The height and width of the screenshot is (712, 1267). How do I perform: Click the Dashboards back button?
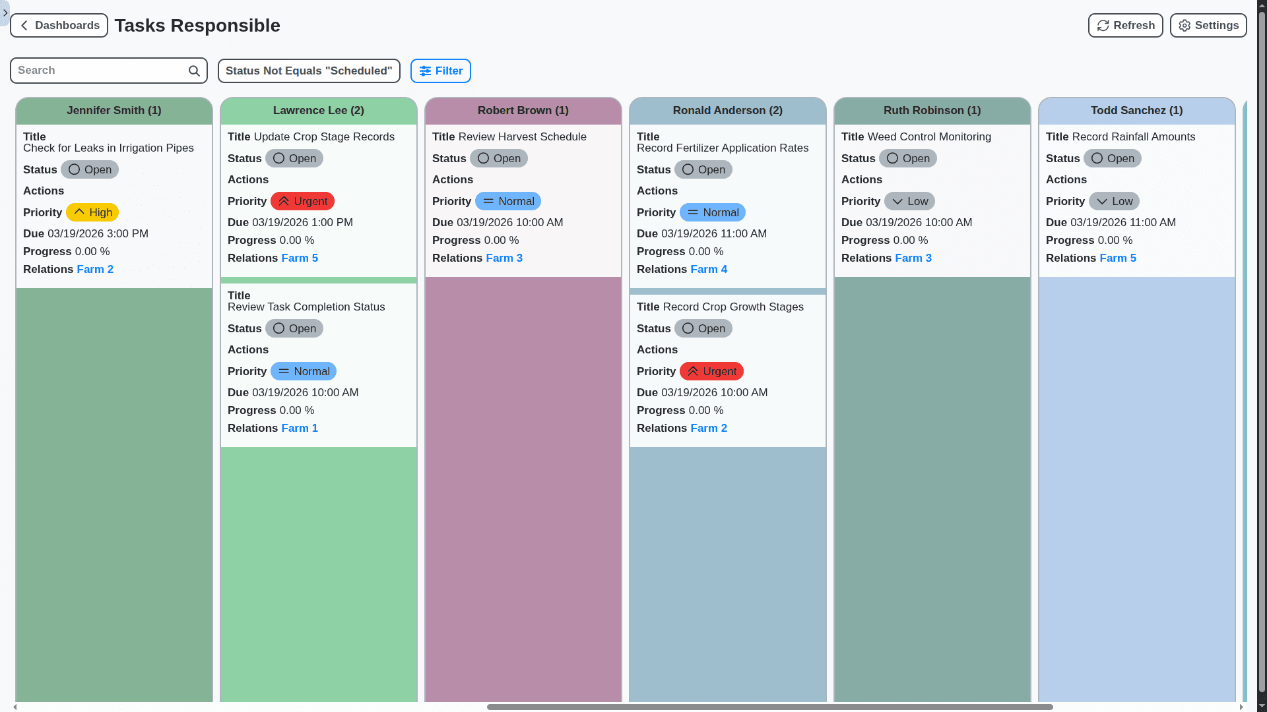tap(59, 26)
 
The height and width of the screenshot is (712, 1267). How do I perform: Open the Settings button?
tap(1208, 26)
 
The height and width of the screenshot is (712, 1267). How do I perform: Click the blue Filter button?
tap(440, 71)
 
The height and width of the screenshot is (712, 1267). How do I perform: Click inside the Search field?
tap(99, 71)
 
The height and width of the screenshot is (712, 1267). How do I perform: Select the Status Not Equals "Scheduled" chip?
tap(309, 71)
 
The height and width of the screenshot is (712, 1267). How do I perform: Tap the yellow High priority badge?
tap(92, 212)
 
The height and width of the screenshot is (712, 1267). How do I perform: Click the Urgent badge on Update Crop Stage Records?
tap(302, 201)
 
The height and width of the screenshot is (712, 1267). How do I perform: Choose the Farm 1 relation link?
tap(300, 428)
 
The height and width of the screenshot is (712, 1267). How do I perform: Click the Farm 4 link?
tap(709, 269)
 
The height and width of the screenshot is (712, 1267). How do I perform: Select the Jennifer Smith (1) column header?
tap(114, 111)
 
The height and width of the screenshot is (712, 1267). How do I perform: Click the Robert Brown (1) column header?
tap(523, 111)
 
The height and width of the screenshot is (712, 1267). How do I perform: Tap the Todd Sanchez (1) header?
tap(1136, 111)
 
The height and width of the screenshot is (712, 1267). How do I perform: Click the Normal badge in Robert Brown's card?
tap(507, 201)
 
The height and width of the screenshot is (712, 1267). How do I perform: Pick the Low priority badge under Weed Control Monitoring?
tap(909, 201)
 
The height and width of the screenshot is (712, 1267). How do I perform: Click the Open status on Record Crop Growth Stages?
tap(703, 328)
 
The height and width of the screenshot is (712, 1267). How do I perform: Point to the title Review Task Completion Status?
tap(306, 307)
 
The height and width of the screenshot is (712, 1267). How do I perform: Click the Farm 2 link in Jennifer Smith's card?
tap(95, 269)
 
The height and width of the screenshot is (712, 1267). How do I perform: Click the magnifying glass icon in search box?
tap(194, 71)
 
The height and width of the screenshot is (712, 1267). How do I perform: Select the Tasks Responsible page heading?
tap(197, 26)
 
